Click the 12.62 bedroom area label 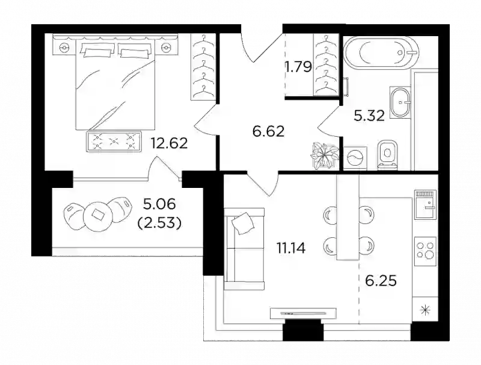[169, 143]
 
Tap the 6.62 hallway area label [268, 131]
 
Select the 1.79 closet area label [299, 67]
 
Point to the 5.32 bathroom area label [369, 116]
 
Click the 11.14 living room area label [291, 248]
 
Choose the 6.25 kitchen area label [381, 281]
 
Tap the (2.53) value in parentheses [159, 223]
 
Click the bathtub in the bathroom [381, 52]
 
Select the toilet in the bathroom [388, 155]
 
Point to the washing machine [355, 158]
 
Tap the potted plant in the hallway [325, 156]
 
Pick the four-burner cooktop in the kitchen [426, 251]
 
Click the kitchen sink [426, 204]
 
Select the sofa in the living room [244, 249]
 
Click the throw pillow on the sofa [244, 223]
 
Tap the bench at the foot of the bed [114, 141]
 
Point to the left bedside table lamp [64, 48]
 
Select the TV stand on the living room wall [303, 313]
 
